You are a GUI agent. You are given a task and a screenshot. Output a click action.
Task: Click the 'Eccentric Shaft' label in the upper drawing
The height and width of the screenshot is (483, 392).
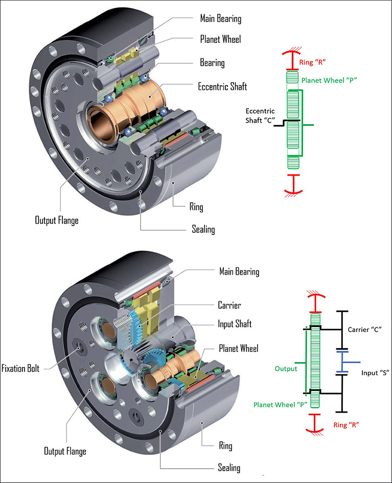coord(222,86)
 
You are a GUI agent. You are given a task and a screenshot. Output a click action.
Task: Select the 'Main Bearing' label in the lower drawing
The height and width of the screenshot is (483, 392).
coord(239,271)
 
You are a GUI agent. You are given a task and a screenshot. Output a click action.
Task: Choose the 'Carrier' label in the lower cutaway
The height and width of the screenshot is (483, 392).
coord(230,305)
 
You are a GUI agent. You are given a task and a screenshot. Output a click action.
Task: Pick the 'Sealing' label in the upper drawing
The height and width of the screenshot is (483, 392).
coord(203,229)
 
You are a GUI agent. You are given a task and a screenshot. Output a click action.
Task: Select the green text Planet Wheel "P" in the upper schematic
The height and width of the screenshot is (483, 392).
coord(329,80)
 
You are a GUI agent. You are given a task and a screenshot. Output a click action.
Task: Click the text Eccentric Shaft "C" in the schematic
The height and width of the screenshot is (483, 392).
coord(260,115)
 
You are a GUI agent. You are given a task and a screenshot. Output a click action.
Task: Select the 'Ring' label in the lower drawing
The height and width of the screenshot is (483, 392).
coord(225,446)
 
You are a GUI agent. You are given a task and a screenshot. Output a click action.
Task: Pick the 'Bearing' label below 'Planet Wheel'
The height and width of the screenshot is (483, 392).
coord(212,63)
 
